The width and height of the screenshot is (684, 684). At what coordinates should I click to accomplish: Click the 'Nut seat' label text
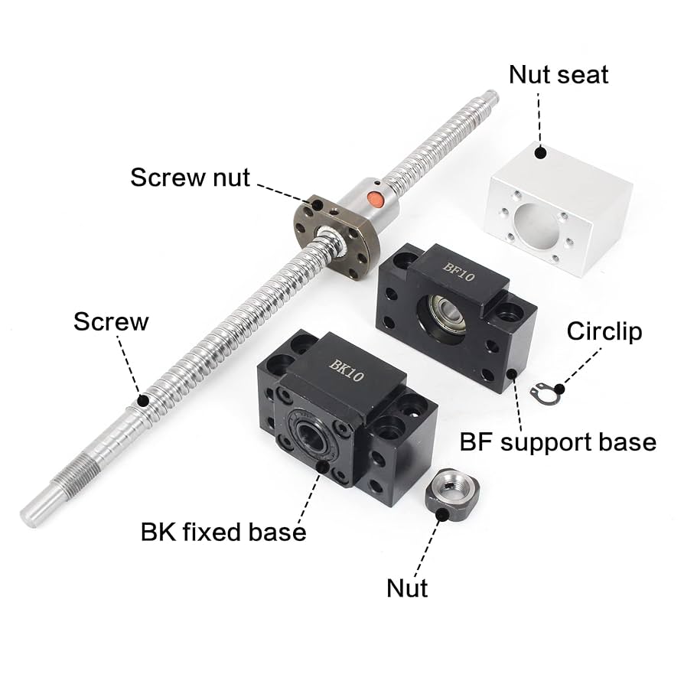click(558, 75)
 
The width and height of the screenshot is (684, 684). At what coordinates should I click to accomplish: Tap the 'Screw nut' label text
click(190, 178)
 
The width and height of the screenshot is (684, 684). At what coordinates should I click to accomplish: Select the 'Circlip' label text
click(604, 331)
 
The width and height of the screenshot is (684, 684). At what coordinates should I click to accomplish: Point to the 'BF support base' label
click(558, 442)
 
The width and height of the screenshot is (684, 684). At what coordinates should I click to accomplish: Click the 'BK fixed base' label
click(223, 532)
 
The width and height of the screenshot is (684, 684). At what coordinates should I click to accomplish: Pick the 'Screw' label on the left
click(111, 321)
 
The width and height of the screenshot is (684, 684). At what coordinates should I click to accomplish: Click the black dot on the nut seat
click(540, 152)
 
